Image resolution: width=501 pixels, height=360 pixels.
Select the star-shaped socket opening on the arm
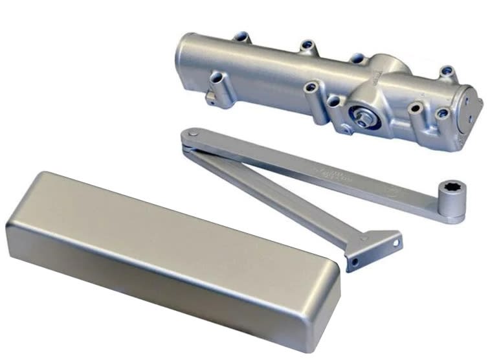(x=447, y=191)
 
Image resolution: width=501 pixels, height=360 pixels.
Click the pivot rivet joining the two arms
(x=192, y=134)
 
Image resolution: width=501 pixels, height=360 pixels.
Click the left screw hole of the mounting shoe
(x=354, y=262)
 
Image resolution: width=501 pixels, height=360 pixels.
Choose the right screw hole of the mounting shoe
(x=396, y=243)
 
